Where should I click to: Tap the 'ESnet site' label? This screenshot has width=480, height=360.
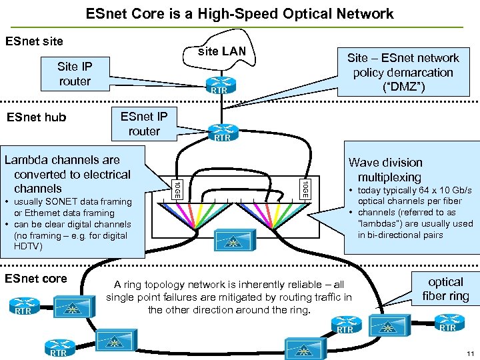pos(34,41)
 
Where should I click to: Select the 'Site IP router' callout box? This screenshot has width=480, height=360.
pos(75,73)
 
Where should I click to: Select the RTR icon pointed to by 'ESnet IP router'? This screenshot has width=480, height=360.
pos(222,133)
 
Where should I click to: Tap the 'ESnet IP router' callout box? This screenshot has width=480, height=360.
pos(145,123)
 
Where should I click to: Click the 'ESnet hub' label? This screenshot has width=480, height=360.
pos(36,118)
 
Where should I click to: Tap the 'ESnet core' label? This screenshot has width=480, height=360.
pos(36,279)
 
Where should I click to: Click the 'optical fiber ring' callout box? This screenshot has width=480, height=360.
pos(445,289)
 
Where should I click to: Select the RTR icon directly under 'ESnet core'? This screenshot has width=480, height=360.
pos(23,309)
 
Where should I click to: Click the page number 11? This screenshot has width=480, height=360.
pos(471,353)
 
